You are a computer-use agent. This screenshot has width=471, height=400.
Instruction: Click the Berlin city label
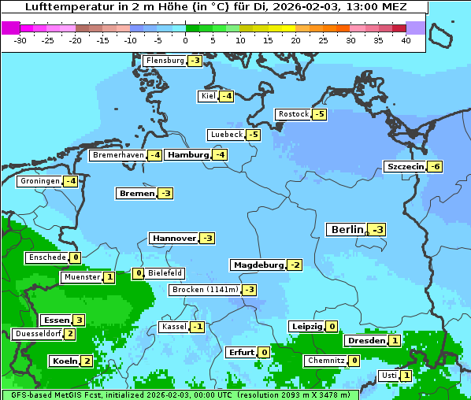pyautogui.click(x=347, y=230)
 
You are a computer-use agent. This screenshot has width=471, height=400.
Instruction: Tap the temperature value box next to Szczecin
pyautogui.click(x=435, y=166)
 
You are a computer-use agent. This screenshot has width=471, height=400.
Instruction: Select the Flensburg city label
pyautogui.click(x=165, y=61)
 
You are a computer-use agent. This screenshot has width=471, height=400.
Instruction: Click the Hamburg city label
pyautogui.click(x=187, y=155)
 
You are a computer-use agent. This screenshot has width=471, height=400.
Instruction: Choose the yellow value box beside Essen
pyautogui.click(x=79, y=320)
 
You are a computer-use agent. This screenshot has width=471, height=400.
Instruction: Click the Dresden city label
pyautogui.click(x=365, y=341)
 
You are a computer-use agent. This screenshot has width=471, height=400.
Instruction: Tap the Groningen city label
pyautogui.click(x=40, y=181)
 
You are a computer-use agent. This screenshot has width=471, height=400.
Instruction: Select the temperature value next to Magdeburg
pyautogui.click(x=295, y=265)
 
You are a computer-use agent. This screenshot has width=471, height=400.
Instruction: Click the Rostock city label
pyautogui.click(x=293, y=114)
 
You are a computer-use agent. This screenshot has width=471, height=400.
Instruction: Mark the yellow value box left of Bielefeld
pyautogui.click(x=138, y=273)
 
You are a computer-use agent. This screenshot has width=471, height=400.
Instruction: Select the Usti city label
pyautogui.click(x=389, y=376)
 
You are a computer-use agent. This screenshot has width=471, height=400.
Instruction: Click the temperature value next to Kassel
pyautogui.click(x=197, y=327)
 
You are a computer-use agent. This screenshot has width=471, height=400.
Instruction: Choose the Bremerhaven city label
pyautogui.click(x=118, y=155)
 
